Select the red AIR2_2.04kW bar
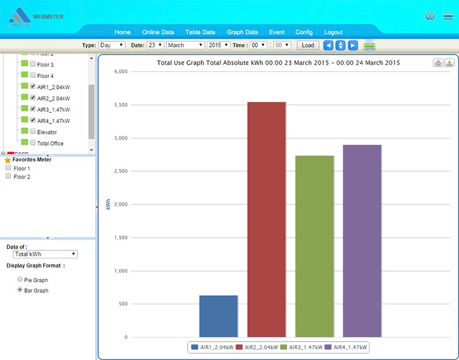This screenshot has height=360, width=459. [266, 219]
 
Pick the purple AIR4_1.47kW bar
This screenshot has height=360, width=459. [362, 241]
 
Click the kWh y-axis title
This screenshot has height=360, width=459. [108, 204]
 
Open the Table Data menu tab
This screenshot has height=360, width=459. [200, 32]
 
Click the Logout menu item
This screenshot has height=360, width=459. [333, 32]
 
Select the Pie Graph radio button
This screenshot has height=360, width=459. [20, 280]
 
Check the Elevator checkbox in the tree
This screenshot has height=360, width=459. [33, 132]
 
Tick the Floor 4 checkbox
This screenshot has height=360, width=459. [33, 76]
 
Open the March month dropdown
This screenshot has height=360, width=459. [185, 45]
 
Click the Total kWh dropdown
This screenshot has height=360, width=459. [45, 254]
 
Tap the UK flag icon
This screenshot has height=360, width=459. [430, 16]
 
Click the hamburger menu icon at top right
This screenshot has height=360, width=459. [448, 16]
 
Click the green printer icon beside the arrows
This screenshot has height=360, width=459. [369, 45]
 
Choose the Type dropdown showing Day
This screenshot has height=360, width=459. [111, 45]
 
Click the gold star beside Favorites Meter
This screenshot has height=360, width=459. [7, 160]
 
